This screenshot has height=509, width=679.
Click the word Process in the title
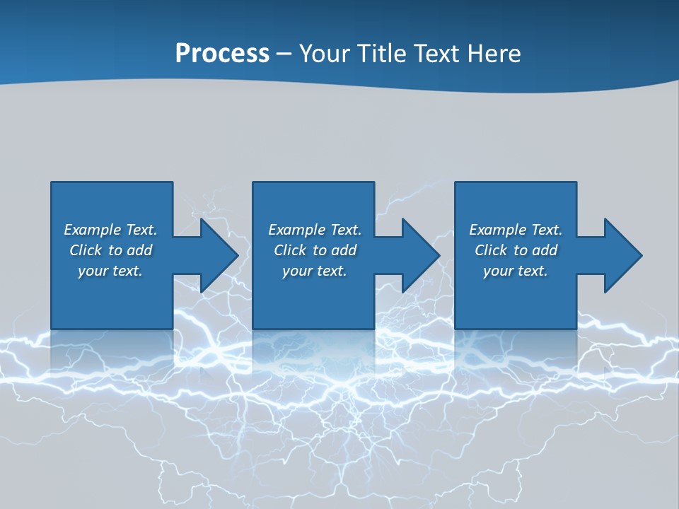[222, 54]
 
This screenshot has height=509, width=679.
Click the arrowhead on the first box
[216, 255]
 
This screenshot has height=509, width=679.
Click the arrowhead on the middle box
[419, 255]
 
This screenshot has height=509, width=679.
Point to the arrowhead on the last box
[621, 255]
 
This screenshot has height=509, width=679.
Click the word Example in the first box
[93, 230]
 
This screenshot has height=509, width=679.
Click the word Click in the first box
[86, 250]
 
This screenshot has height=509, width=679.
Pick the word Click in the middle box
[290, 250]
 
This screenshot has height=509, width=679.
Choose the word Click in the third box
[491, 250]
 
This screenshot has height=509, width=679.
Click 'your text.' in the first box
[110, 271]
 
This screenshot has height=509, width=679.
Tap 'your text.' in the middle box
[315, 271]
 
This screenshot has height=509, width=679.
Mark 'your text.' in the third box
[516, 271]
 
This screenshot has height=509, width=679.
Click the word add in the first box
[139, 250]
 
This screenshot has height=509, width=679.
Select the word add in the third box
[545, 250]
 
